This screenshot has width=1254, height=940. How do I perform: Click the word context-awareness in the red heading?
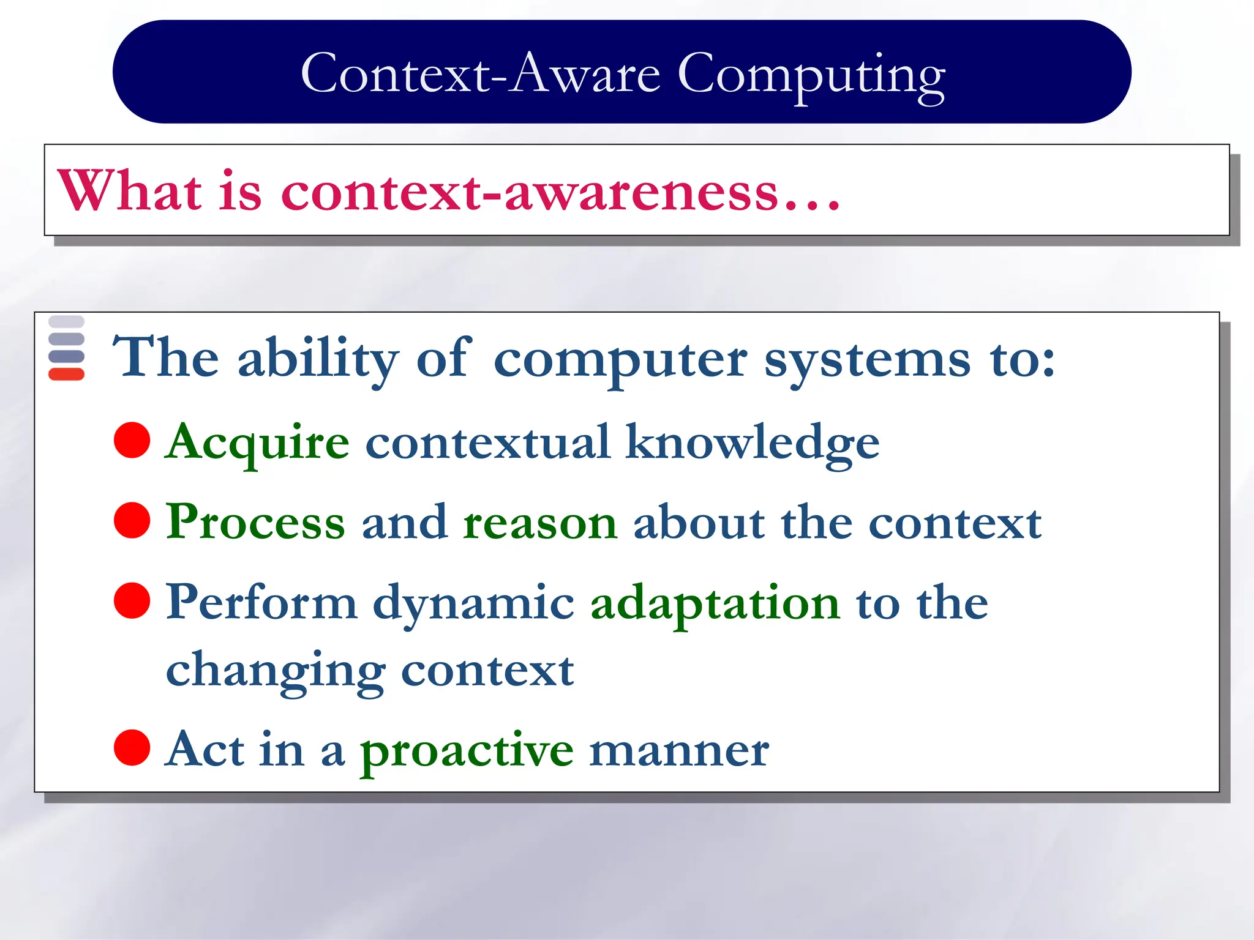[530, 192]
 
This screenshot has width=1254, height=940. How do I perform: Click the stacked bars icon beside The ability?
[66, 348]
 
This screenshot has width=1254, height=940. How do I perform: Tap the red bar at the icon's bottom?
[66, 374]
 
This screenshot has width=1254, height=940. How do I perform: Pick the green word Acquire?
[257, 442]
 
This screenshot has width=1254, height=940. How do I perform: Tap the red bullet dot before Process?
[132, 520]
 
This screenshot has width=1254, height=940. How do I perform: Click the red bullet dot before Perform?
[132, 600]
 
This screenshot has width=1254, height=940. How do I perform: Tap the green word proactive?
[467, 751]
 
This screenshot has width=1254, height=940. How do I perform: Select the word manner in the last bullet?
[678, 751]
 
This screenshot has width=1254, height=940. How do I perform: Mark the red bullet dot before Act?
[132, 747]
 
